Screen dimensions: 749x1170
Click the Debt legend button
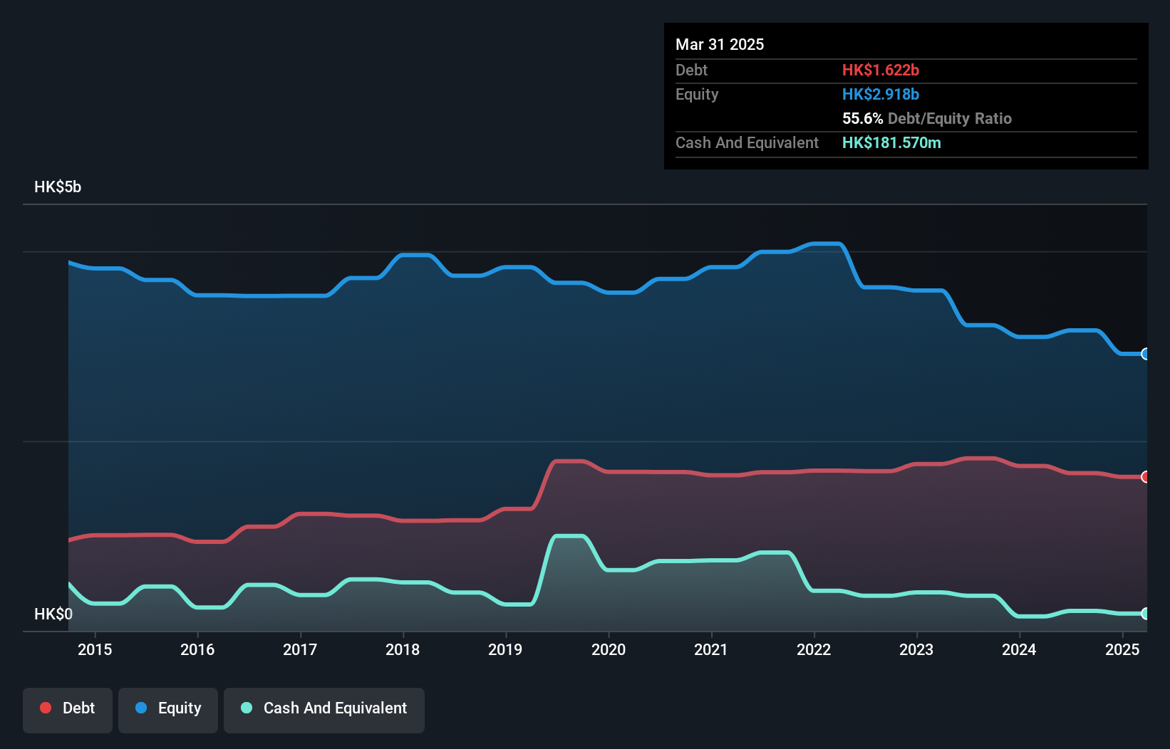click(x=67, y=708)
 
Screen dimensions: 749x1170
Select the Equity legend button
click(x=168, y=708)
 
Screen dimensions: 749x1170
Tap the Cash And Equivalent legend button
click(x=324, y=708)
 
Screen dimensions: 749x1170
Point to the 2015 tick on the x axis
click(x=95, y=649)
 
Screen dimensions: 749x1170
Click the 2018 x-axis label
click(x=403, y=649)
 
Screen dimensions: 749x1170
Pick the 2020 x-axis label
click(x=609, y=649)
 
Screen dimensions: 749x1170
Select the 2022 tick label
click(x=814, y=649)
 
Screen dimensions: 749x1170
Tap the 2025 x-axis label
click(x=1122, y=649)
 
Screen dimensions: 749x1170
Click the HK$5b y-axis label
click(x=58, y=187)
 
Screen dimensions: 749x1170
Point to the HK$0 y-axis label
click(x=53, y=614)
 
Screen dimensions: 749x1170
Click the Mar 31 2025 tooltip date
click(x=720, y=44)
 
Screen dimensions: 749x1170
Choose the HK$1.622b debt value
click(x=880, y=70)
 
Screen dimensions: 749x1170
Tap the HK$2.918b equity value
click(x=880, y=94)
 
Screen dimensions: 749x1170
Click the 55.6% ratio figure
click(x=862, y=118)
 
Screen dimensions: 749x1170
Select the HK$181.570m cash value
click(x=891, y=142)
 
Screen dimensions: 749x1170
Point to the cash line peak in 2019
click(x=569, y=536)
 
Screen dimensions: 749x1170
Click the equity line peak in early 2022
click(x=827, y=244)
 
